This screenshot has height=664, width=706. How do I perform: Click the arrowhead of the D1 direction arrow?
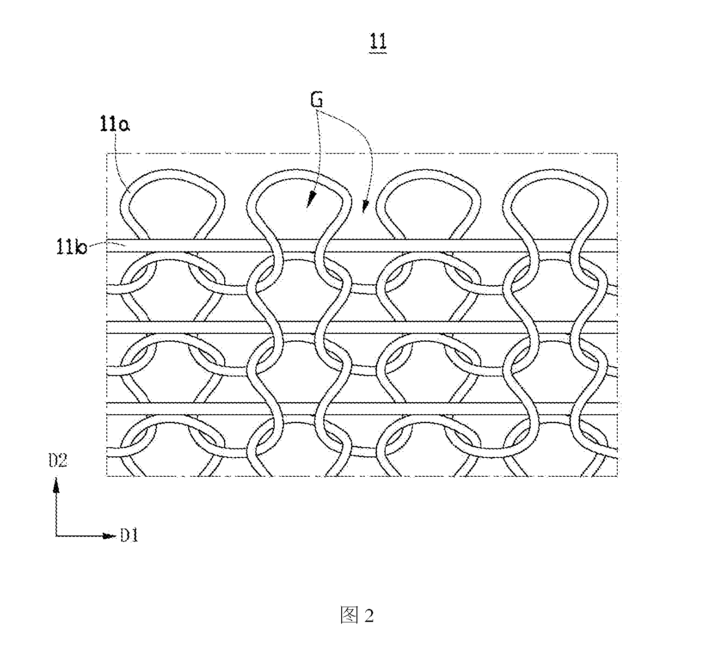point(109,536)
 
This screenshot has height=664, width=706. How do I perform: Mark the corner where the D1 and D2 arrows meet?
point(56,536)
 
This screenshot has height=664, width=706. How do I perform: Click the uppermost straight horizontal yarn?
point(362,246)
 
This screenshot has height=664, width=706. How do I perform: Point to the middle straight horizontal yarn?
point(362,327)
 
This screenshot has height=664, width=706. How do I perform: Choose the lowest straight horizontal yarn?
point(362,408)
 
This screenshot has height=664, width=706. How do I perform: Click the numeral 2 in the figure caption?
point(368,616)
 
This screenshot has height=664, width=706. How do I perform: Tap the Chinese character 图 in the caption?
point(349,616)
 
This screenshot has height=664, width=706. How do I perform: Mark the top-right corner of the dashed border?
point(617,153)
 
